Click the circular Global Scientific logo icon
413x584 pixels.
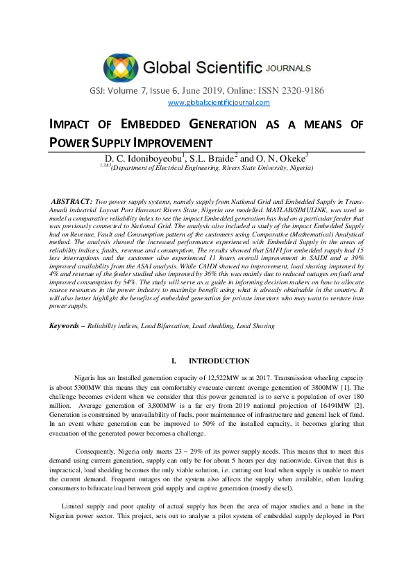121,67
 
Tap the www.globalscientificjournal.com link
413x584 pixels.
219,103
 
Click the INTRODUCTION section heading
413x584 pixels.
219,361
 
